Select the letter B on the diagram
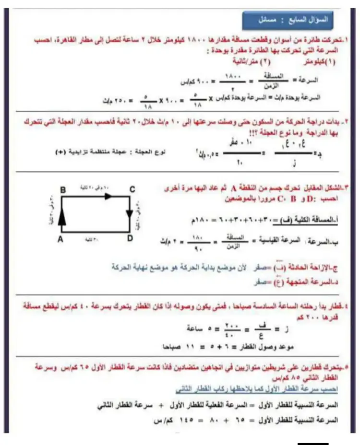(x=62, y=190)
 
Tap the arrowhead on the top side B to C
(x=108, y=196)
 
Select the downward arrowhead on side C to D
(x=129, y=213)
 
